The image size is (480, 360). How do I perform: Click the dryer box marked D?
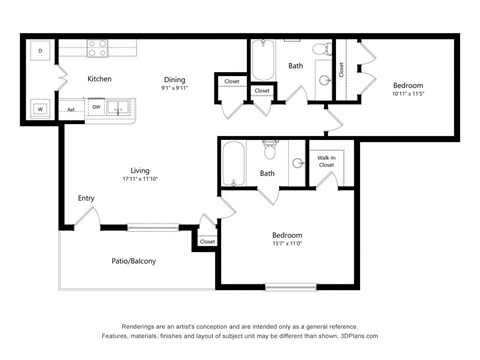(x=40, y=50)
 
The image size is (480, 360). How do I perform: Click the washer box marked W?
(x=40, y=108)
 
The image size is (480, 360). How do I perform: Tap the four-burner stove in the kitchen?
(x=98, y=47)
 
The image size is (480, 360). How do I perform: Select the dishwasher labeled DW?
(x=97, y=106)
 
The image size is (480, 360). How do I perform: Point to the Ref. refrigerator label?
(x=71, y=109)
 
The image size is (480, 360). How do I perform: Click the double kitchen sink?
(x=122, y=106)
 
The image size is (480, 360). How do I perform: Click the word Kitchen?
(x=99, y=79)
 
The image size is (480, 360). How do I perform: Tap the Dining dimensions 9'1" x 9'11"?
(x=175, y=88)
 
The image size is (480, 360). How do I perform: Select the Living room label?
(x=139, y=170)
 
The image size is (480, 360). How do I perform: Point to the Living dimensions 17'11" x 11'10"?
(x=139, y=180)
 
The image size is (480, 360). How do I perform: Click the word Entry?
(x=86, y=198)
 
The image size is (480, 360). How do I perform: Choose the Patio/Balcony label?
(x=133, y=261)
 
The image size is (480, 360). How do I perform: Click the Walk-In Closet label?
(x=326, y=162)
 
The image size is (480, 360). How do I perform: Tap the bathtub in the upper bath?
(x=263, y=60)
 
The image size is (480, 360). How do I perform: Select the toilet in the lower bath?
(x=269, y=151)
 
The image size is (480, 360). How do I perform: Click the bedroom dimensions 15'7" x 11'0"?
(x=288, y=242)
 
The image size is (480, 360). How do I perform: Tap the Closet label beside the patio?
(x=207, y=241)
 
